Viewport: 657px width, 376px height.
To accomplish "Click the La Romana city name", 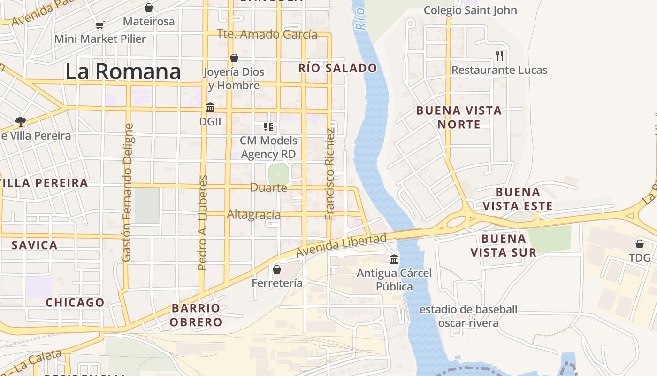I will point(123,72).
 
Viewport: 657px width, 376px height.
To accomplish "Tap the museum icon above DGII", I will point(210,108).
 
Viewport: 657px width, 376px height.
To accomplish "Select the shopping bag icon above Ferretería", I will point(277,269).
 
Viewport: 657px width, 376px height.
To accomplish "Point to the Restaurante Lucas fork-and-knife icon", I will point(499,56).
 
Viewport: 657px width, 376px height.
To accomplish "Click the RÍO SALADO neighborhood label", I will point(337,68).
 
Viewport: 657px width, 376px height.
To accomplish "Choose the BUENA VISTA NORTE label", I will point(459,117).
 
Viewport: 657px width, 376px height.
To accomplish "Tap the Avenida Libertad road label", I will point(341,245).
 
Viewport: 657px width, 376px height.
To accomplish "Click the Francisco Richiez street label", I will point(330,174).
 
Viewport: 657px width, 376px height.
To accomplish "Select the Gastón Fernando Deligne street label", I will point(127,192).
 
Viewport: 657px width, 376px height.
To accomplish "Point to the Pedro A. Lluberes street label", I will point(202,223).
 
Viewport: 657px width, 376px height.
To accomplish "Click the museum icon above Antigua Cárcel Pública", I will point(394,259).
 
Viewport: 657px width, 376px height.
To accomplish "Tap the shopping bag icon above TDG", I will point(640,244).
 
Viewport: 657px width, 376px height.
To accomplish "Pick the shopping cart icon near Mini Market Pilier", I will point(99,25).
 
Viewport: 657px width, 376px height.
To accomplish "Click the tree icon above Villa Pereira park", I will point(20,122).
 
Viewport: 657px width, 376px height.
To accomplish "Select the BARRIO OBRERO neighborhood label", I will point(196,315).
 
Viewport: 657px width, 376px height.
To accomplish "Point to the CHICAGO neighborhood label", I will point(75,303).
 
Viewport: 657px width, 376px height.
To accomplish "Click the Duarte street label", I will point(268,188).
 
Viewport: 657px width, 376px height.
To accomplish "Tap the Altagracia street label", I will point(254,215).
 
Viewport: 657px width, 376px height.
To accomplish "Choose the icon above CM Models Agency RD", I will point(268,127).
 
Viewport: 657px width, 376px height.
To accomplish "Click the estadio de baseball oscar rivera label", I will point(468,316).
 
